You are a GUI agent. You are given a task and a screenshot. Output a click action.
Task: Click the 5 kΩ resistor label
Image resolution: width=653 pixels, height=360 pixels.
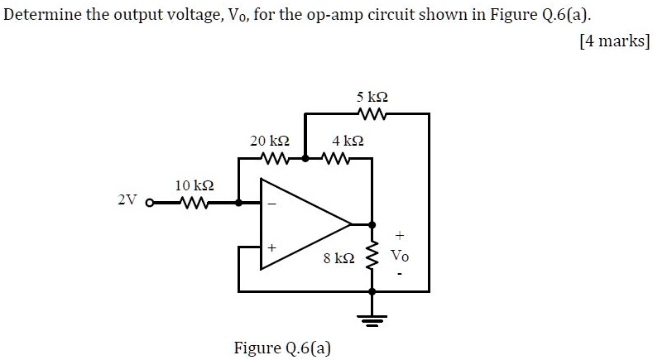[x=372, y=97]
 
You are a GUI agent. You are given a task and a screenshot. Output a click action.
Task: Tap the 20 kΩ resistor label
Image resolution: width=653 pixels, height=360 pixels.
[x=269, y=142]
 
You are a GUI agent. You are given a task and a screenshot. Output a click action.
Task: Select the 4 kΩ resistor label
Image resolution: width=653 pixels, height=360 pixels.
[x=348, y=142]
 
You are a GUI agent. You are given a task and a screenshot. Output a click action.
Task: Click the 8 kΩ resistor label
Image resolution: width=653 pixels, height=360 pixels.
[x=340, y=258]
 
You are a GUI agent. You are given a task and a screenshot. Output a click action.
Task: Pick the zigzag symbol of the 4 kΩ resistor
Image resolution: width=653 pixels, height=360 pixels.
[x=339, y=158]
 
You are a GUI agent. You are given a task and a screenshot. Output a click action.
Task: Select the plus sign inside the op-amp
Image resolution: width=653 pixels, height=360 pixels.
[x=271, y=247]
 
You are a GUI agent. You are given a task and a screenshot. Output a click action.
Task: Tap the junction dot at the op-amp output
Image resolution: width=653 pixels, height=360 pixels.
[x=372, y=223]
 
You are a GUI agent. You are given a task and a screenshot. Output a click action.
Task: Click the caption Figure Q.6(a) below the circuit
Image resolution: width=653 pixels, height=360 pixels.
[x=282, y=348]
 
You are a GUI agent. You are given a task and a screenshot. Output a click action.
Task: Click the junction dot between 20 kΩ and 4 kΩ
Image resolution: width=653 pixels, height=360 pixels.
[x=305, y=158]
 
